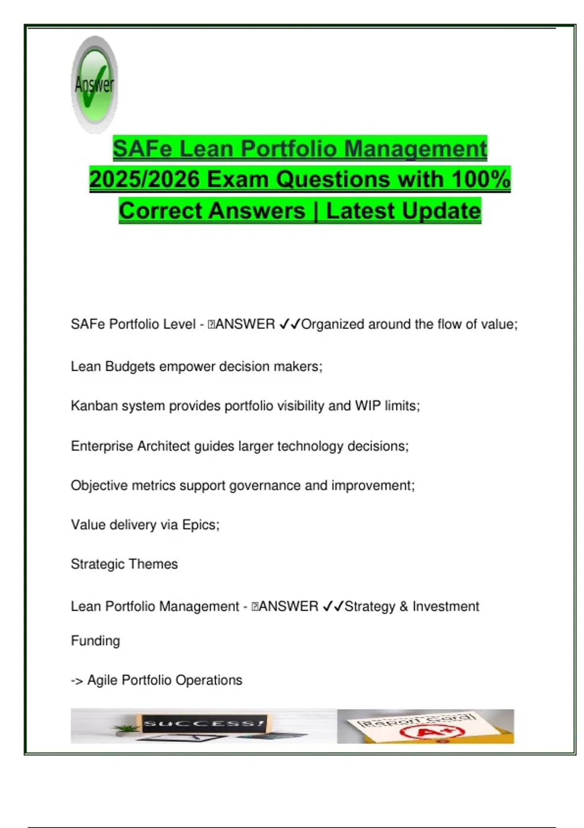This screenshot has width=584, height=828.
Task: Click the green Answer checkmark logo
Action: pos(94,85)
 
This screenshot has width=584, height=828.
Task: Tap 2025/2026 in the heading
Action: pos(145,180)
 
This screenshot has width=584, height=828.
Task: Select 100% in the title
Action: pos(481,180)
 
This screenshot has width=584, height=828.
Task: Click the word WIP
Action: pos(367,406)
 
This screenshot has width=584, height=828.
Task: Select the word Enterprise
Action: pos(102,446)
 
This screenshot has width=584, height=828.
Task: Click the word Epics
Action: pos(201,525)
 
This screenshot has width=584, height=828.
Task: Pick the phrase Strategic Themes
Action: pos(124,564)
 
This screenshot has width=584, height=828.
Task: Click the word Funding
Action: pos(95,641)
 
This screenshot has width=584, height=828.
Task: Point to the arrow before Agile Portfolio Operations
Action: pos(77,681)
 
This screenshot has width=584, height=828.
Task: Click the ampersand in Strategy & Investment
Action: pos(403,606)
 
